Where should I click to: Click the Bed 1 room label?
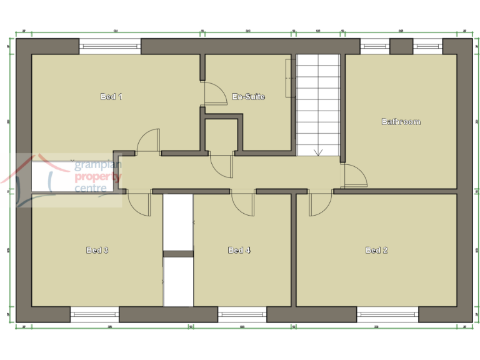coord(111,96)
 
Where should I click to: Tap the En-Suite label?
coord(249,96)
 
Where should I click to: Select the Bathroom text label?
coord(401,121)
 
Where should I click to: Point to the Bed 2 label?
coord(376,250)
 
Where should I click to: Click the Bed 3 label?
coord(97,250)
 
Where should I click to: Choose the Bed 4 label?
coord(239,250)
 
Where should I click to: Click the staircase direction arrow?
coord(318,151)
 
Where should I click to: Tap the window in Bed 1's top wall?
coord(110,46)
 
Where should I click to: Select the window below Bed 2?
coord(387,314)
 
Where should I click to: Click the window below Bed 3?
coord(94,314)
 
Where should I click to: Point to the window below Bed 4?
coord(242,314)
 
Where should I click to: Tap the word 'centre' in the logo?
coord(91,188)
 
